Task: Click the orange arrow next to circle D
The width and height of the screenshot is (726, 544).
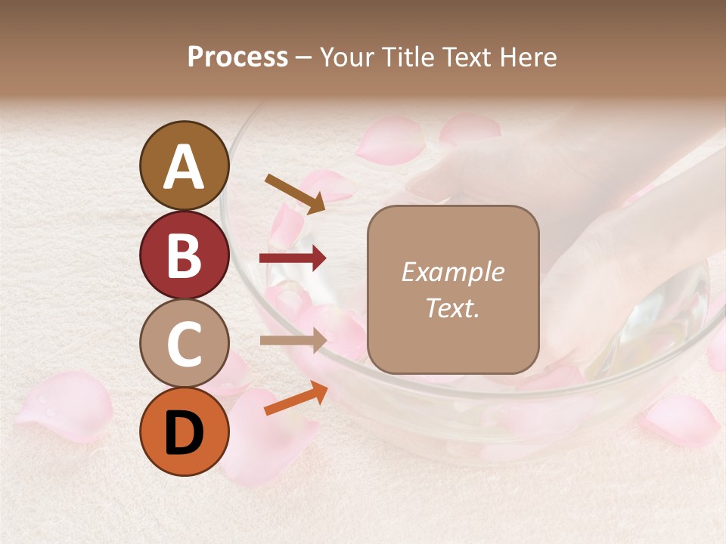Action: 296,398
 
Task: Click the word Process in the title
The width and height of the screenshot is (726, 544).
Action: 237,57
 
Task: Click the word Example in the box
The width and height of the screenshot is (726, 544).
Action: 452,273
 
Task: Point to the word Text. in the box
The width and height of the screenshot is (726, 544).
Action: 452,308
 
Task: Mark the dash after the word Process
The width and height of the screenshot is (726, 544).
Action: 304,57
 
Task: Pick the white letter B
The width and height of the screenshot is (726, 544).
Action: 185,255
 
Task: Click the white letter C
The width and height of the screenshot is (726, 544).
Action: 185,344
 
